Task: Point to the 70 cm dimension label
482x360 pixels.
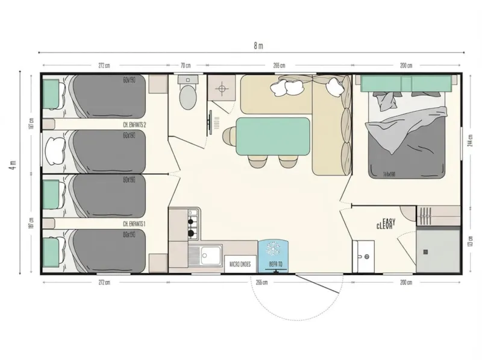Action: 186,65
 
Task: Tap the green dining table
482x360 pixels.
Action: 274,136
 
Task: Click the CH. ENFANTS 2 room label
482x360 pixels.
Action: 134,124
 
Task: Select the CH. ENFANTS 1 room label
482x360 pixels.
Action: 134,223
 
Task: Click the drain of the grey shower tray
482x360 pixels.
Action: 426,250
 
